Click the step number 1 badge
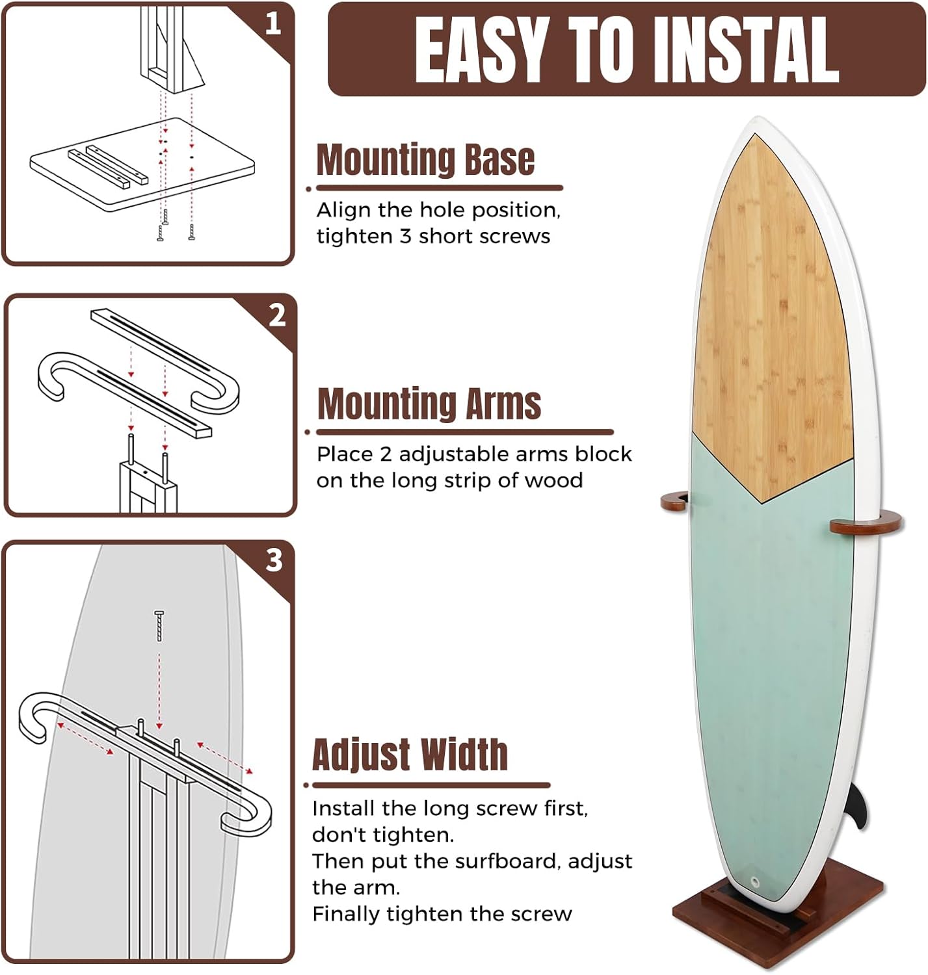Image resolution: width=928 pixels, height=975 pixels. coord(273,24)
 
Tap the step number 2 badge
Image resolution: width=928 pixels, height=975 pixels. coord(277,315)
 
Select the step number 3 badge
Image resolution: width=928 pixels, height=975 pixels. coord(274,560)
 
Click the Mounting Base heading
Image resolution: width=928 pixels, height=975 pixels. coord(425,160)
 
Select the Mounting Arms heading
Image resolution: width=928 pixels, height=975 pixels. coord(429,404)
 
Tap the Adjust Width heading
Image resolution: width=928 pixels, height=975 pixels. coord(410,755)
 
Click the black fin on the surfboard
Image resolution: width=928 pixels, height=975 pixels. coord(858,806)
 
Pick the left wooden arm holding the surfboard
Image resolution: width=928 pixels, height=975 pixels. coord(674,501)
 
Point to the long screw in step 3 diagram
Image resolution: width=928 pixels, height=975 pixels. coord(159,625)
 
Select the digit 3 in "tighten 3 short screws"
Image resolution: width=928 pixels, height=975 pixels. coord(406,236)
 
